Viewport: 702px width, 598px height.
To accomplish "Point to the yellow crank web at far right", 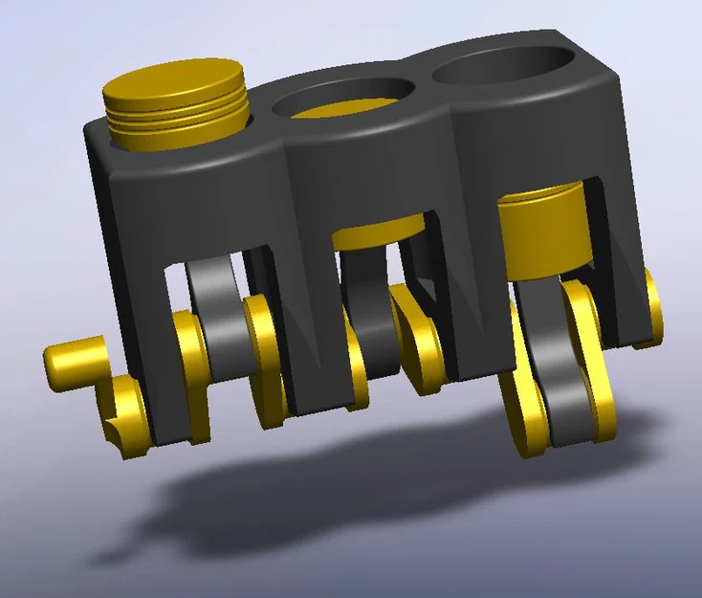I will click(652, 306).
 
